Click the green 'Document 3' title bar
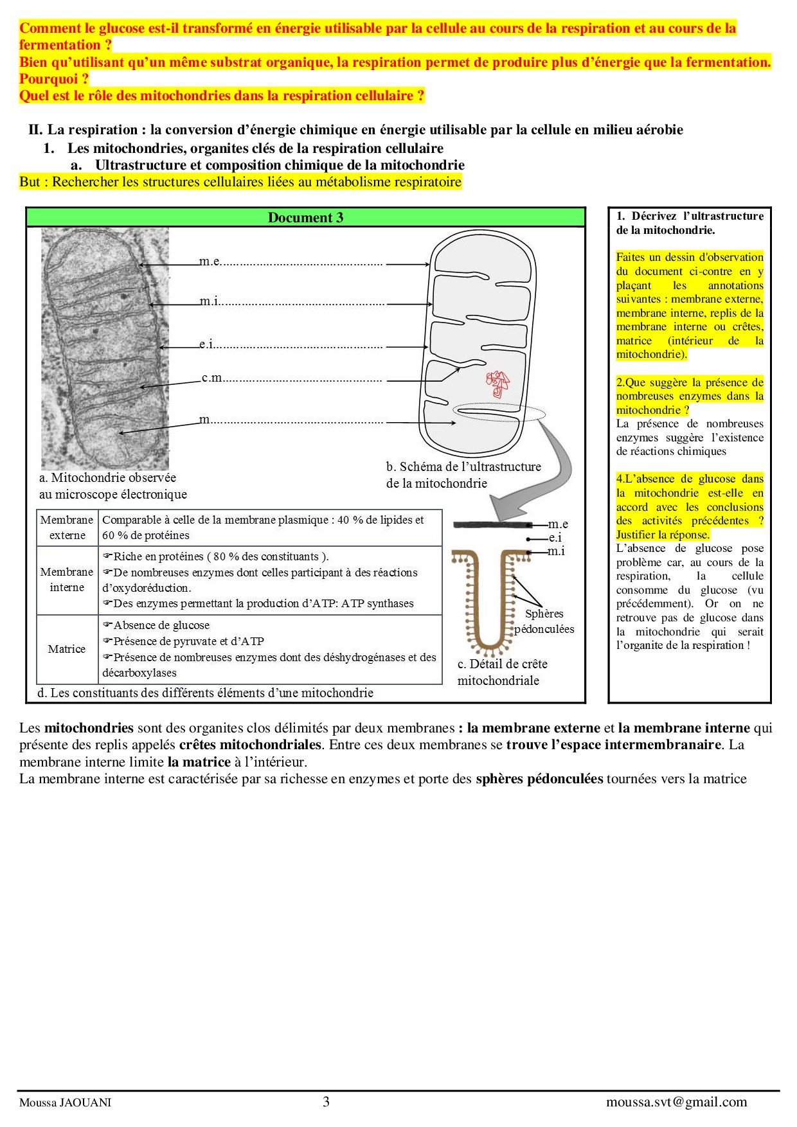coord(305,218)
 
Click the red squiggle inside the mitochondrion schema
coord(497,383)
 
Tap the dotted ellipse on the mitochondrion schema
coord(499,412)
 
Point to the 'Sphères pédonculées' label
coord(544,621)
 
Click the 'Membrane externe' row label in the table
coord(67,528)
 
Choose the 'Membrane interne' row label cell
coord(67,580)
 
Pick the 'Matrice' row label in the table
coord(67,649)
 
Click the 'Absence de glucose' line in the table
coord(161,625)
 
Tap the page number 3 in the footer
coord(326,1101)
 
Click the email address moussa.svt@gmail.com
coord(676,1101)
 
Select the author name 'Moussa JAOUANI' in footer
coord(65,1103)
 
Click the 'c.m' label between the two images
coord(212,378)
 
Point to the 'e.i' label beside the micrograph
coord(206,344)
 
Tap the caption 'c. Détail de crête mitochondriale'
coord(502,672)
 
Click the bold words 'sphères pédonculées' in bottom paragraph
coord(539,779)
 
